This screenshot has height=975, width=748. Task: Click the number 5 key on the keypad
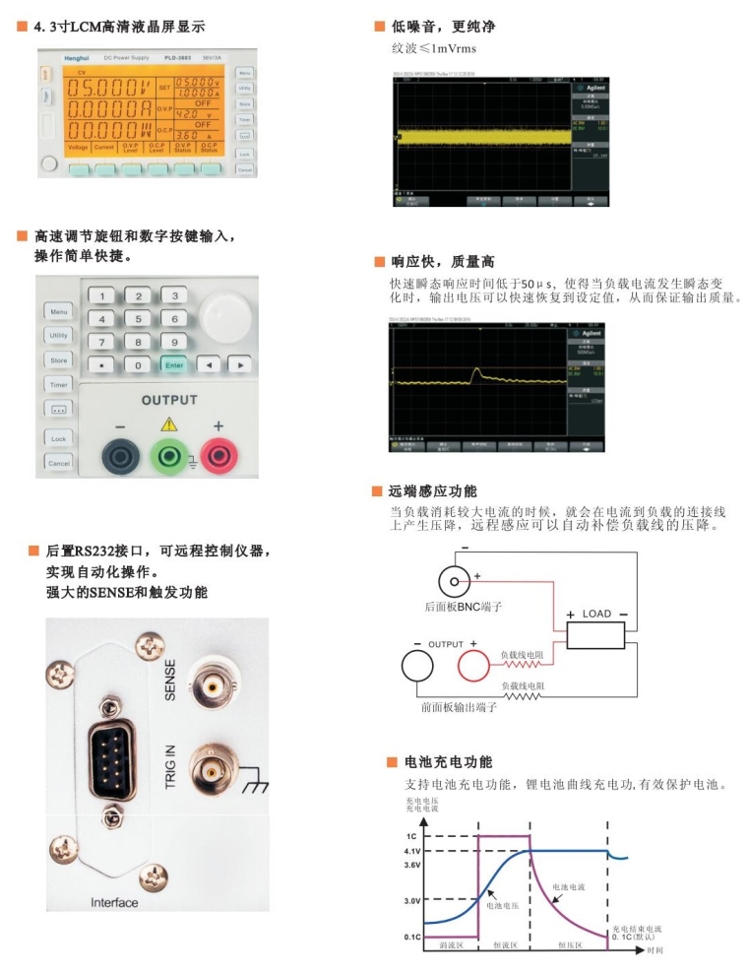(139, 318)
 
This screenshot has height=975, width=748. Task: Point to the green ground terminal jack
(168, 455)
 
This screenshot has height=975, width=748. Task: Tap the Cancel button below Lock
(59, 463)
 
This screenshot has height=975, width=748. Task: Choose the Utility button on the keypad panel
(59, 336)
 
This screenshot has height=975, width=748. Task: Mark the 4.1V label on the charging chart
(412, 851)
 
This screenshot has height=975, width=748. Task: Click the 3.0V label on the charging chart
(412, 900)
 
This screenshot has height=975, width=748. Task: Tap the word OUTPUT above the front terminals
(168, 401)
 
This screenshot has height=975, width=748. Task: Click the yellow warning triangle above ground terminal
(168, 423)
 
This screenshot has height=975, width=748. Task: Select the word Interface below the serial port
(114, 902)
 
